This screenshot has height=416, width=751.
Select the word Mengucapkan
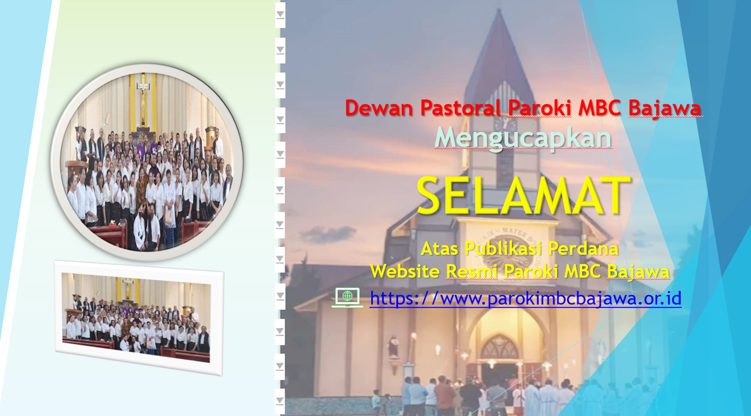pyautogui.click(x=523, y=138)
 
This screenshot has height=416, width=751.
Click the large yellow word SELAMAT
pyautogui.click(x=523, y=196)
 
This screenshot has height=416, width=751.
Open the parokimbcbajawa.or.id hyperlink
pyautogui.click(x=526, y=298)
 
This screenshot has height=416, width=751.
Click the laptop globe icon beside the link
pyautogui.click(x=347, y=297)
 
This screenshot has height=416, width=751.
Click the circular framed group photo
pyautogui.click(x=147, y=162)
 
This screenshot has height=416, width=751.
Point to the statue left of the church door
pyautogui.click(x=394, y=346)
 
